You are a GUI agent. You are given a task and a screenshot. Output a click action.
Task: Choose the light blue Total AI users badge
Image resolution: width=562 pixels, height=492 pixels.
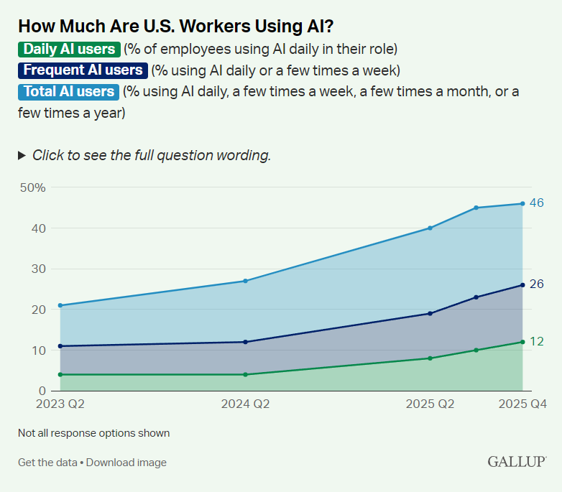[x=69, y=92]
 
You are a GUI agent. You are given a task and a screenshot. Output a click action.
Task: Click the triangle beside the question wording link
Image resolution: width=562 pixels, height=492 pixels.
[x=22, y=155]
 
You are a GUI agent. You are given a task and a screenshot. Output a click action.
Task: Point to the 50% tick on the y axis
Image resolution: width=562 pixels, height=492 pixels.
[x=33, y=187]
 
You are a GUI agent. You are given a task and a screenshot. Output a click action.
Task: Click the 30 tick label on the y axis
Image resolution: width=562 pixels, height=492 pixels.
[x=37, y=269]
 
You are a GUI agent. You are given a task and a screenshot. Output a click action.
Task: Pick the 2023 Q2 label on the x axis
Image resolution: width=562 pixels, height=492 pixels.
[x=60, y=404]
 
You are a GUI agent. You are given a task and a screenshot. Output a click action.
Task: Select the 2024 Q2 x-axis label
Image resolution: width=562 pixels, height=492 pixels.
[x=246, y=404]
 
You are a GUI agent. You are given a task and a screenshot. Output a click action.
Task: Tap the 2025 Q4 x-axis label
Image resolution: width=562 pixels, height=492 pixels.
[x=523, y=404]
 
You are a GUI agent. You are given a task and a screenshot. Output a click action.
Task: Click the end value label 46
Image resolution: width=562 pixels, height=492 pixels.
[x=536, y=203]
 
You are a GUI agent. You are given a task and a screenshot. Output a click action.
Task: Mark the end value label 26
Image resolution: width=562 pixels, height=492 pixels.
[x=536, y=284]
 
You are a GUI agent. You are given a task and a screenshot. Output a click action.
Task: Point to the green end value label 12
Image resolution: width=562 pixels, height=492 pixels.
[x=536, y=342]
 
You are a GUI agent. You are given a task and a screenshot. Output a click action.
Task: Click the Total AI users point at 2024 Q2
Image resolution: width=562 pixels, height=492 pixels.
[x=246, y=281]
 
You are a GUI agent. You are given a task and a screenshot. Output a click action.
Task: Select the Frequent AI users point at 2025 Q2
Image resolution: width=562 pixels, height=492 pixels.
[x=430, y=313]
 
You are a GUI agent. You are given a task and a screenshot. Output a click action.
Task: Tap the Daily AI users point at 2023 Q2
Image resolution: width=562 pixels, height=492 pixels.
[x=60, y=374]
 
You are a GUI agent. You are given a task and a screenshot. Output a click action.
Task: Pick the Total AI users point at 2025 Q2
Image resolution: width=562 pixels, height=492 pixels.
[x=430, y=228]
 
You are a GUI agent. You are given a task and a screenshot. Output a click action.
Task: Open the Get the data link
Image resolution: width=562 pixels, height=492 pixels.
[x=47, y=463]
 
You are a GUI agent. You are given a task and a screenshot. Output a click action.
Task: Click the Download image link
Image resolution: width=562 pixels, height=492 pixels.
[x=126, y=463]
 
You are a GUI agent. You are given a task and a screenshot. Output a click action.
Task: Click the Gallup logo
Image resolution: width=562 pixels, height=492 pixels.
[x=516, y=461]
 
